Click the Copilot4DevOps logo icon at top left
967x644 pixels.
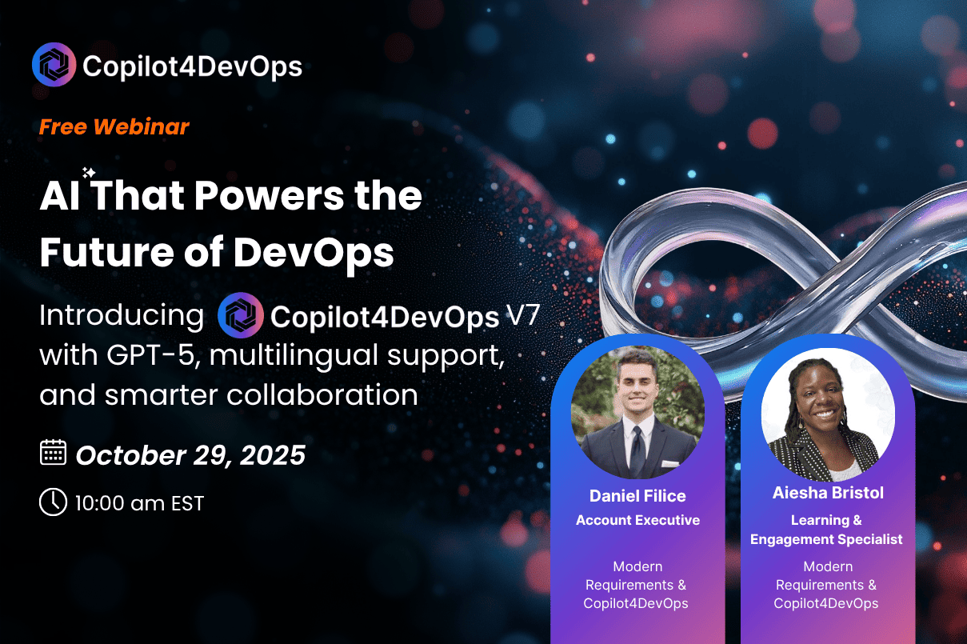pyautogui.click(x=54, y=65)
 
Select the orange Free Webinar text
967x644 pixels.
pyautogui.click(x=114, y=127)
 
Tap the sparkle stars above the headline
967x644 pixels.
pyautogui.click(x=89, y=173)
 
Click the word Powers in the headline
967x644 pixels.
pyautogui.click(x=269, y=197)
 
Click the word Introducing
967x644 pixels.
pyautogui.click(x=122, y=315)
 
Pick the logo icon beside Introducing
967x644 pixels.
pyautogui.click(x=241, y=315)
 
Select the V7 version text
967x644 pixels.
pyautogui.click(x=523, y=314)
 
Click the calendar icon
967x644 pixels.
pyautogui.click(x=53, y=452)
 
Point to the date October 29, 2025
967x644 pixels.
pyautogui.click(x=190, y=455)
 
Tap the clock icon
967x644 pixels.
pyautogui.click(x=53, y=502)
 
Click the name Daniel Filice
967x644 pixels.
pyautogui.click(x=637, y=496)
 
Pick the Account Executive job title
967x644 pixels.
pyautogui.click(x=637, y=520)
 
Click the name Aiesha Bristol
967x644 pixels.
pyautogui.click(x=828, y=493)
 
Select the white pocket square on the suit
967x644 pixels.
pyautogui.click(x=670, y=464)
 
